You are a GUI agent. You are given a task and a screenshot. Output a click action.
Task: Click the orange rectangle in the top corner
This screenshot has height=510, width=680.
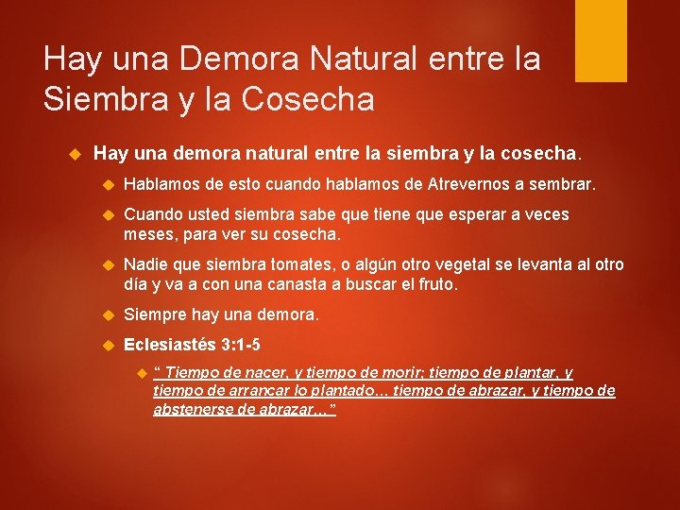601,40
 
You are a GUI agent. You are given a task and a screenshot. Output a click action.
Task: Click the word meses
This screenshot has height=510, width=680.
146,233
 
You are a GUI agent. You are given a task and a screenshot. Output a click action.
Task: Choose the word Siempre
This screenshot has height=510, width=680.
154,314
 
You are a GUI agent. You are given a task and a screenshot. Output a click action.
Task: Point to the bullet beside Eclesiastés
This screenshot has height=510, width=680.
107,346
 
